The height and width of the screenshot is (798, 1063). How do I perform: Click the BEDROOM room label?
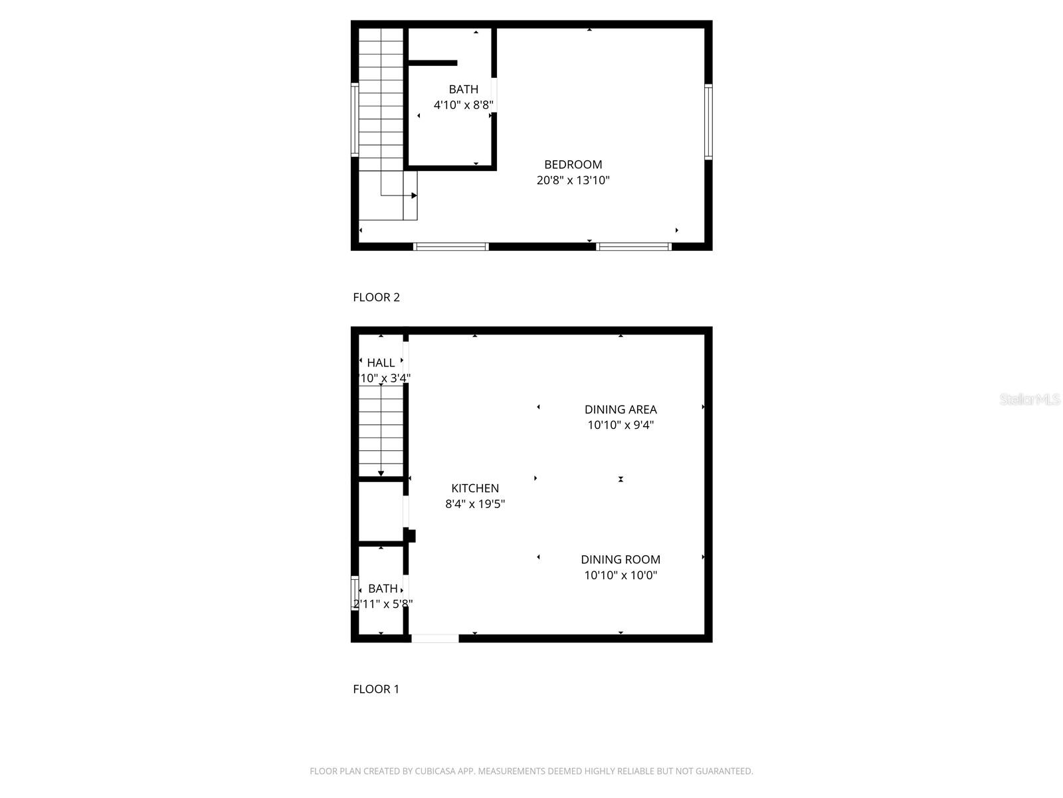(573, 164)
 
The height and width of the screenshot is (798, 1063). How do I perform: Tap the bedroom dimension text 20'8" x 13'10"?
(573, 180)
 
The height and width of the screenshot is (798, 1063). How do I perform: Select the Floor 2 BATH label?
(463, 89)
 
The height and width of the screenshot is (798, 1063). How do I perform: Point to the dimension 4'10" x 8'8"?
(463, 105)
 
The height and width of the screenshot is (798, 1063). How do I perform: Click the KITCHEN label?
(475, 488)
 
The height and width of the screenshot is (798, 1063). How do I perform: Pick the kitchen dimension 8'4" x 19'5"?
(475, 504)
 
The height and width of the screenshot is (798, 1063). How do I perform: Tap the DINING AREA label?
(621, 410)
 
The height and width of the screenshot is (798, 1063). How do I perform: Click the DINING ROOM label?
(621, 560)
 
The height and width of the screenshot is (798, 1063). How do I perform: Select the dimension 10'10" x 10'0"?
(621, 575)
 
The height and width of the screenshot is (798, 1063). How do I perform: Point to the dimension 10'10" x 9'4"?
(621, 425)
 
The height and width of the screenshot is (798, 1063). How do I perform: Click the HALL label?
(381, 362)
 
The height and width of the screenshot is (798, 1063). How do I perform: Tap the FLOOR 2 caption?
(376, 297)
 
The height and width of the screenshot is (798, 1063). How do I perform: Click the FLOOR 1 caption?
(376, 689)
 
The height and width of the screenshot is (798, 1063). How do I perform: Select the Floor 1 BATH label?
(383, 589)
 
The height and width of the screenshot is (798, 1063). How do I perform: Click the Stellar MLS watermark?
(1030, 399)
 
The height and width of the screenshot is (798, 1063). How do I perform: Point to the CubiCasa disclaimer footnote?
(531, 771)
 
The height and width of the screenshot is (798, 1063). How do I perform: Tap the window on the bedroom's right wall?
(708, 122)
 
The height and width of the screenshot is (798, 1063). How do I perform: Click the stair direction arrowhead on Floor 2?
(414, 196)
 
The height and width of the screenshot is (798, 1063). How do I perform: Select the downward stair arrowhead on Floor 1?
(381, 473)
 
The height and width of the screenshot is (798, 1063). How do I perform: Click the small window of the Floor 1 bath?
(355, 593)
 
